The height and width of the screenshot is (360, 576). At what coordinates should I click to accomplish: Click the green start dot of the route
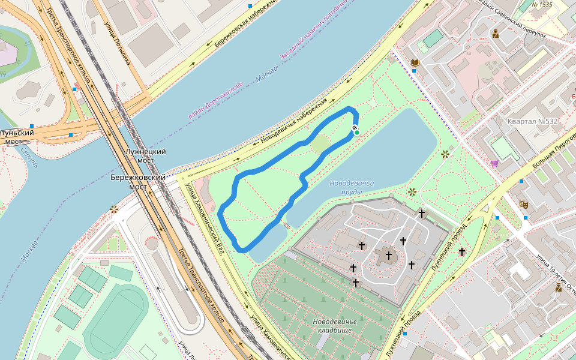pos(357,133)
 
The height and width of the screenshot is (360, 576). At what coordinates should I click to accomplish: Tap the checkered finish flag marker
pos(355,127)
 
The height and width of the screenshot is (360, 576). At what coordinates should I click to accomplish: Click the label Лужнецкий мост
pos(145,156)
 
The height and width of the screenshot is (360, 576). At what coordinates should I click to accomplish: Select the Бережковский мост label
pos(139,182)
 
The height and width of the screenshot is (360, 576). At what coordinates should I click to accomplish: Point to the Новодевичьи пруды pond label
pos(352,187)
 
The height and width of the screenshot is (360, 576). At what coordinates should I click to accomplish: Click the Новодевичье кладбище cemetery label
pos(335,326)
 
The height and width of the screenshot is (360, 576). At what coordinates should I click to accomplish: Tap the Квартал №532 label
pos(533,121)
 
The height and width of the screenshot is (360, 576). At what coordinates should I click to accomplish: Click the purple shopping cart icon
pos(494,163)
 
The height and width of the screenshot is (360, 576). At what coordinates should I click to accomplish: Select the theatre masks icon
pos(523,204)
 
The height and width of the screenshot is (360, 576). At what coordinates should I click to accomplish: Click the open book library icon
pos(415,62)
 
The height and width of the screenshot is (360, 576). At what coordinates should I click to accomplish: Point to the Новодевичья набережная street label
pos(294,121)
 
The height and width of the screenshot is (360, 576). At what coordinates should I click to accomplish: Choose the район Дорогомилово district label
pos(215,100)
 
